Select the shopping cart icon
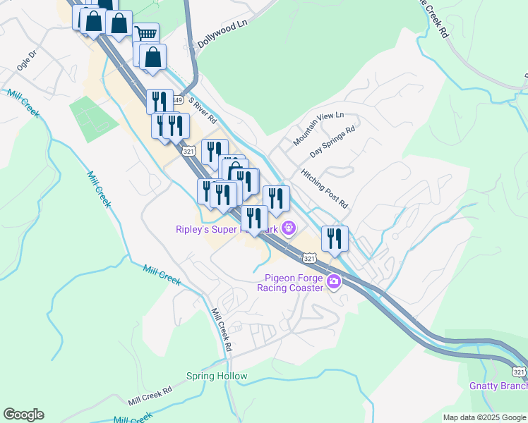(x=146, y=34)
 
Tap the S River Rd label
(x=201, y=108)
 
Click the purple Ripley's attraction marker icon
(x=287, y=228)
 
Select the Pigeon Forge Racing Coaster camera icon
(x=334, y=283)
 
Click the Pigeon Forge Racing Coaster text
(x=293, y=282)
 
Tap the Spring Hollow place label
(x=217, y=376)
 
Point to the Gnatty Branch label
(x=498, y=386)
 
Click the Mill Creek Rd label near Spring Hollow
(x=150, y=396)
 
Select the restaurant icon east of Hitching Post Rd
(x=335, y=238)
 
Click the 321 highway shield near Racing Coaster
(x=309, y=259)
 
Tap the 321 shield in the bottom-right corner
(x=519, y=372)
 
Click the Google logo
(x=23, y=415)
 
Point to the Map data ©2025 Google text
(x=484, y=417)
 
